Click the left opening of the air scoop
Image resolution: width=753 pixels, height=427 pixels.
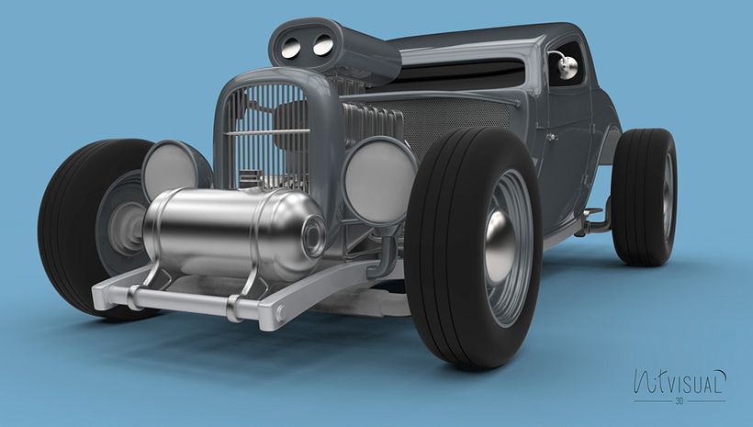(292, 47)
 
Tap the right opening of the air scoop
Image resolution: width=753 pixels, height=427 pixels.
(322, 42)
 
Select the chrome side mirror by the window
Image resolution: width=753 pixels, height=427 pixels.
(567, 66)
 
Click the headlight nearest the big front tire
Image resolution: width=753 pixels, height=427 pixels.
(378, 179)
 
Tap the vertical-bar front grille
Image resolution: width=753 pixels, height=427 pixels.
(266, 129)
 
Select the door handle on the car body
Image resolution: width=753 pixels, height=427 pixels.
(551, 138)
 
